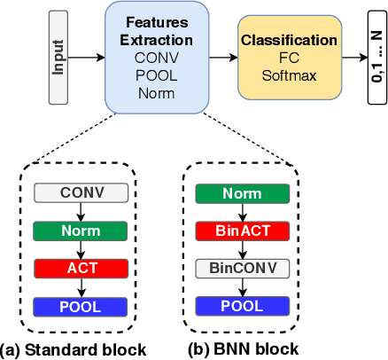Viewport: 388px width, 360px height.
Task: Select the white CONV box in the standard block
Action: pyautogui.click(x=81, y=192)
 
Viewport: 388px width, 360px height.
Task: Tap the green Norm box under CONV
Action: pyautogui.click(x=81, y=231)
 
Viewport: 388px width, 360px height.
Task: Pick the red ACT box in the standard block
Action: pyautogui.click(x=81, y=269)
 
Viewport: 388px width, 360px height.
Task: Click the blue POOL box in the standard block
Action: pyautogui.click(x=81, y=307)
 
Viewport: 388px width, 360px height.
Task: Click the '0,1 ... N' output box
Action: pyautogui.click(x=376, y=55)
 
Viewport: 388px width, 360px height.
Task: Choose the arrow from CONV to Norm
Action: pyautogui.click(x=81, y=212)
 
